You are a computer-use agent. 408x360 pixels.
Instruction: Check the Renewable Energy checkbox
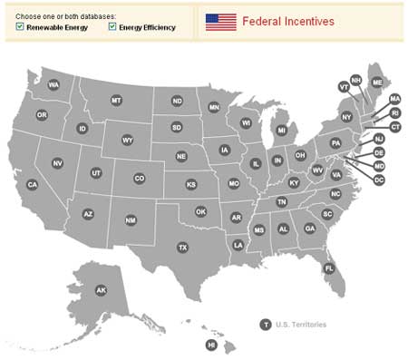(20, 27)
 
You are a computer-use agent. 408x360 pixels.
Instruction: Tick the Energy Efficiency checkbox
(112, 27)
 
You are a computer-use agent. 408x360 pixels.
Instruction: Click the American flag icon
(220, 21)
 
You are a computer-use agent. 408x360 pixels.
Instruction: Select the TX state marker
(182, 247)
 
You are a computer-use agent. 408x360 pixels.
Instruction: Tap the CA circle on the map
(32, 184)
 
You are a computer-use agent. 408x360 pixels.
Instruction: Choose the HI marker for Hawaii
(211, 345)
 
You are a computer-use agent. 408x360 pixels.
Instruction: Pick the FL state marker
(329, 268)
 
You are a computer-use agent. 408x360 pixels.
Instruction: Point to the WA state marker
(53, 84)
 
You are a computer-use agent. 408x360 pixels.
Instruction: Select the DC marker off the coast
(379, 180)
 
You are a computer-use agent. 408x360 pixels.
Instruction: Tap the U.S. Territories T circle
(266, 324)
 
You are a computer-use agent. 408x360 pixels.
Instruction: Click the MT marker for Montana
(116, 100)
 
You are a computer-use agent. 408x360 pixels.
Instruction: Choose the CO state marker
(139, 179)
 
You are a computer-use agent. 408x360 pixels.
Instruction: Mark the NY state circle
(346, 117)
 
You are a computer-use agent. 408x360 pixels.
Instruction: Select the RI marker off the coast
(394, 112)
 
